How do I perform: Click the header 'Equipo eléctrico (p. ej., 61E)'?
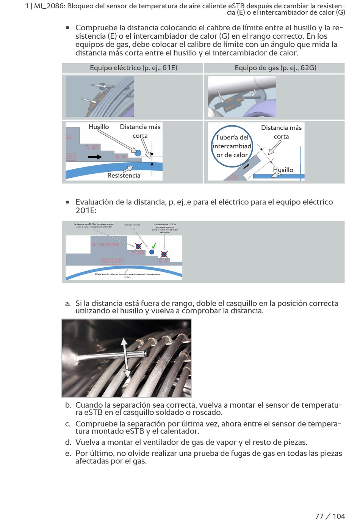133,68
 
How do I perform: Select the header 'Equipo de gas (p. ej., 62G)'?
275,68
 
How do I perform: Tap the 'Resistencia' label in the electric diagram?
124,176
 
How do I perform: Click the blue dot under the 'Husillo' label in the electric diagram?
138,153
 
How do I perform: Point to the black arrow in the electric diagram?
94,157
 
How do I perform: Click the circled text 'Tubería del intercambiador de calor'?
232,146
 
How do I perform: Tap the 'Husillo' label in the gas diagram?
283,170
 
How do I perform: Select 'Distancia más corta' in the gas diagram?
281,132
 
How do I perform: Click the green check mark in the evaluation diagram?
154,245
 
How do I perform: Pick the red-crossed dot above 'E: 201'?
138,246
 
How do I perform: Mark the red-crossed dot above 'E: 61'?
164,254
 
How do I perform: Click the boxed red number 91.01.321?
113,261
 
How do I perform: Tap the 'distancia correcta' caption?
132,225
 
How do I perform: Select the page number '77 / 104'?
330,516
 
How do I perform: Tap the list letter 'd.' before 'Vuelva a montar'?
68,443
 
